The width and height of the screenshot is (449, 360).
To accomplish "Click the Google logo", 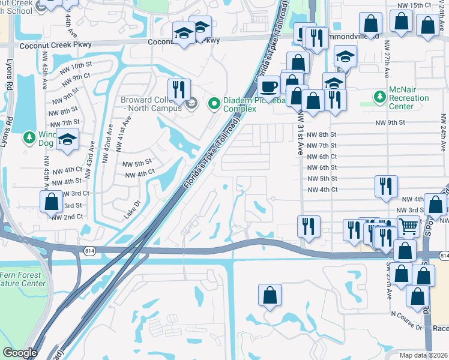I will click(19, 353).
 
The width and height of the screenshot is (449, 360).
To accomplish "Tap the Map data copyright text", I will click(423, 355).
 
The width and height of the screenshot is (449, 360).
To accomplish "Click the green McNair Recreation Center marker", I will click(379, 97).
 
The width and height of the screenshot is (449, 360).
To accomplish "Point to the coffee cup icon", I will click(269, 86).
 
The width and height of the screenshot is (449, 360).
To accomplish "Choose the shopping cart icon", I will click(408, 226).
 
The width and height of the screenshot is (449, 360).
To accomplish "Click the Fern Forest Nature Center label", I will click(23, 279).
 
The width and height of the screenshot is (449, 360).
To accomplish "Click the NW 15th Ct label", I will click(423, 5).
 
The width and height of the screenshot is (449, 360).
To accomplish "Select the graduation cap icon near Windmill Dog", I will click(67, 139).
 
